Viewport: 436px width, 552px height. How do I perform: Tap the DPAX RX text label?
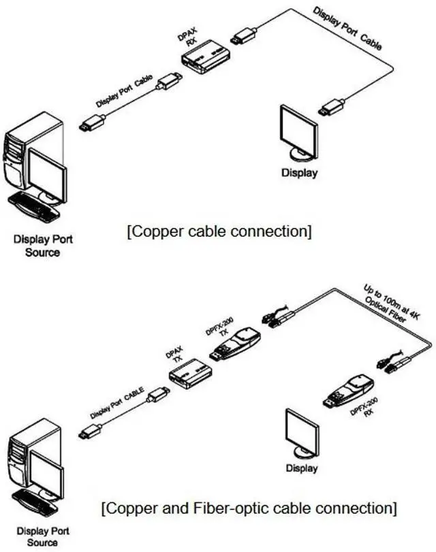pyautogui.click(x=190, y=39)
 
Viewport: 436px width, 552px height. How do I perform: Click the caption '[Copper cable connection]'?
pyautogui.click(x=219, y=231)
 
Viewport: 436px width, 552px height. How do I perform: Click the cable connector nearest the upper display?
pyautogui.click(x=332, y=106)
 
